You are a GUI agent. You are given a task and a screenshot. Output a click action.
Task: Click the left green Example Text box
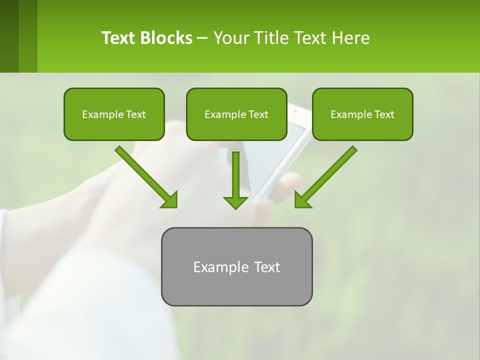[x=114, y=114]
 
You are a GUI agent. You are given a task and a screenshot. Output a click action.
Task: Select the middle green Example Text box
[x=236, y=114]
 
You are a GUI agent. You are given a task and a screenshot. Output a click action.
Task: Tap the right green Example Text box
[x=362, y=114]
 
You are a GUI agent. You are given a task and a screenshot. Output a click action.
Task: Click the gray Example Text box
[x=236, y=266]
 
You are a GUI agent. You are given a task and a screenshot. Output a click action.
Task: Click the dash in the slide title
[x=202, y=38]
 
